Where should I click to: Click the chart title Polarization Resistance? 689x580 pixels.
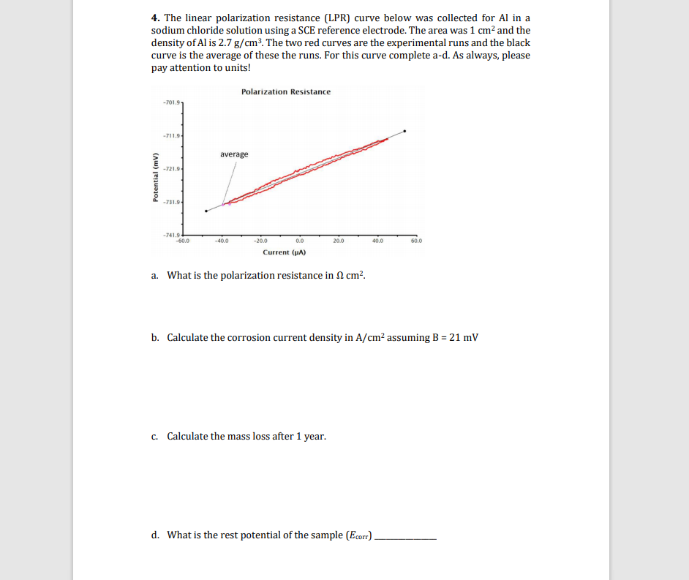click(x=285, y=91)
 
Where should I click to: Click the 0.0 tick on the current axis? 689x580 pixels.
click(x=299, y=240)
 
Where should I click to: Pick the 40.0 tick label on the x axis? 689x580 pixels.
click(x=377, y=240)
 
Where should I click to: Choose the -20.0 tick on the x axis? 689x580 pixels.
click(x=260, y=240)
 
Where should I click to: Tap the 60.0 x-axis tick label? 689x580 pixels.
click(x=416, y=240)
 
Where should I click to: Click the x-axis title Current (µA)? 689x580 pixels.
click(x=284, y=252)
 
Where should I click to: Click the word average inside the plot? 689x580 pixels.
click(x=234, y=154)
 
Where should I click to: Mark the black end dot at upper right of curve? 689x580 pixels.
click(x=404, y=132)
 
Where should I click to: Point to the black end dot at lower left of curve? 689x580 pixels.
click(x=206, y=211)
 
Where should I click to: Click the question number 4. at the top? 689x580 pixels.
click(x=156, y=18)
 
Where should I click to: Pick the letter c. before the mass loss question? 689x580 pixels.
click(x=155, y=436)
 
